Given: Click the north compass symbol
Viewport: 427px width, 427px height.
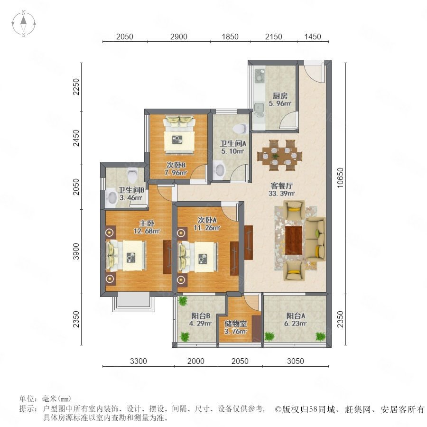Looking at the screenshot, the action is point(24,24).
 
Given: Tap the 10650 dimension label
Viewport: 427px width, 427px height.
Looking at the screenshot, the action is point(340,178).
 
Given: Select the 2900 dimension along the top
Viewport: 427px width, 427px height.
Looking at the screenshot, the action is point(179,37).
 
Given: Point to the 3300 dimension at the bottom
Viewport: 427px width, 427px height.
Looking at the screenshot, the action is point(139,361).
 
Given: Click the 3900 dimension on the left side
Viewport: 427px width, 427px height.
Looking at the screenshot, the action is point(76,251).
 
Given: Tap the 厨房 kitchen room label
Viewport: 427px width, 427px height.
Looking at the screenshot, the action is point(280,96).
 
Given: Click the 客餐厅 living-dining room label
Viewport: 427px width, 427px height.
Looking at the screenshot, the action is point(281,186).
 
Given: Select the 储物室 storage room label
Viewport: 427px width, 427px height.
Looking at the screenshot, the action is point(235,324).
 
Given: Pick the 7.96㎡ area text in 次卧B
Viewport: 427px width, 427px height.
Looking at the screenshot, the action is point(176,173).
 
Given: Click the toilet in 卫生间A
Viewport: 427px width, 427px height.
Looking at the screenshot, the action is point(240,128).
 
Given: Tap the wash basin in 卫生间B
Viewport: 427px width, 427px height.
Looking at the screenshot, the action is point(111,198).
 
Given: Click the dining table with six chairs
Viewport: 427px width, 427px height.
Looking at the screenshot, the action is point(279,156).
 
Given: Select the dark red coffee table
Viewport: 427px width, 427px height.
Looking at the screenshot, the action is point(294,240).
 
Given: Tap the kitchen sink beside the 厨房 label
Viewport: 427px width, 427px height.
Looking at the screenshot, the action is point(259,107).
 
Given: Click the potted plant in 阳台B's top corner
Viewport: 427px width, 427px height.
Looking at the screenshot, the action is point(183,301).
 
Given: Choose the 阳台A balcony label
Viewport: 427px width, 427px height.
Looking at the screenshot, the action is point(296,316).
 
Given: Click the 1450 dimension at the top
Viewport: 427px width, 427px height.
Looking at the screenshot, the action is point(313,37).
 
